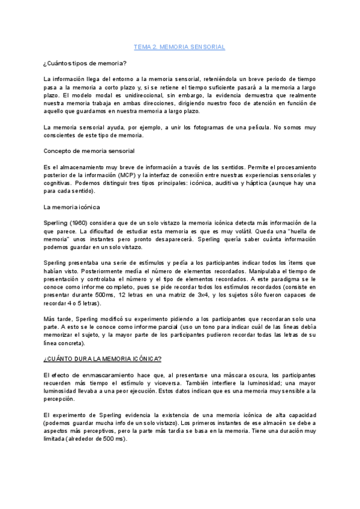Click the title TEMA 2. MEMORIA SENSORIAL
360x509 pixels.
point(178,46)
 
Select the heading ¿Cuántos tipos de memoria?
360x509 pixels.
point(85,63)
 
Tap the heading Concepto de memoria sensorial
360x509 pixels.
point(89,150)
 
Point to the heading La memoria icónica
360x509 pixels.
point(73,207)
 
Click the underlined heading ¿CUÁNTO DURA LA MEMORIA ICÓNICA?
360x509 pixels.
point(102,358)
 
